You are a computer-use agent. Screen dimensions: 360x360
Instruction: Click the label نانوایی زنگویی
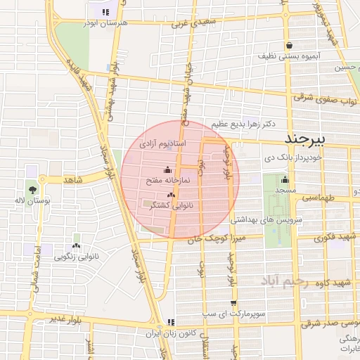[77, 257]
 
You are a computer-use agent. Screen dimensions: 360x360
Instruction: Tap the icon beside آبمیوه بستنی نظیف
[289, 44]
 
